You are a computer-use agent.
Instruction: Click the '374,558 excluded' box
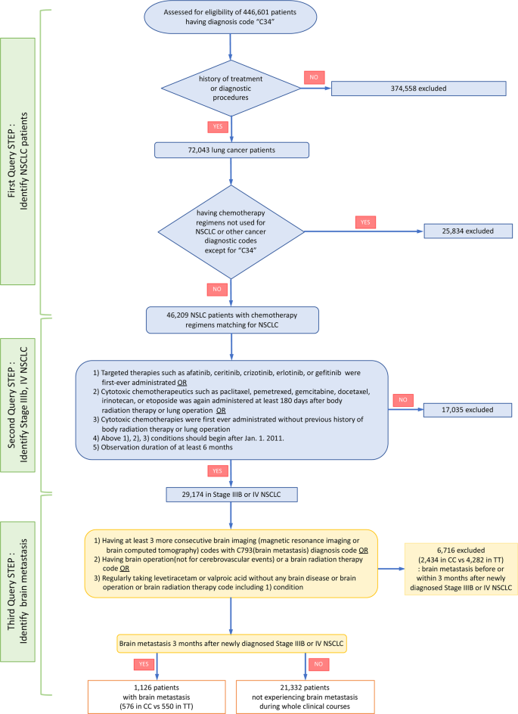click(x=418, y=88)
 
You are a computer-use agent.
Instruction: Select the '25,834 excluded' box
click(x=468, y=231)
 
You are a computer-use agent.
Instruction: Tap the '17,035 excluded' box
click(x=467, y=410)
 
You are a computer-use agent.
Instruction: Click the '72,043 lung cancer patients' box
click(x=231, y=151)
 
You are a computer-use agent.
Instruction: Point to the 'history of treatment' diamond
click(x=231, y=88)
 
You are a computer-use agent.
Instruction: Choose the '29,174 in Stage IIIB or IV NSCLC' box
click(x=231, y=495)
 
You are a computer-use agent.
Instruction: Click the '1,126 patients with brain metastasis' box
click(x=157, y=697)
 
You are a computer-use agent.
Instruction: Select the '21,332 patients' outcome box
click(x=305, y=697)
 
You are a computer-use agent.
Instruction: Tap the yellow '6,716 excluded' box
click(x=461, y=569)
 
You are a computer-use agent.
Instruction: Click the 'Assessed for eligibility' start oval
click(x=231, y=17)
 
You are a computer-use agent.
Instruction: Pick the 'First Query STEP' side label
click(x=17, y=161)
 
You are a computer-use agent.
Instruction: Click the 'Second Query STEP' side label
click(x=17, y=405)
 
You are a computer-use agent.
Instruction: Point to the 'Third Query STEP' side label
click(x=17, y=591)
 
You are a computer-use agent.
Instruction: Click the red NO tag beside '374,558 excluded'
click(x=314, y=77)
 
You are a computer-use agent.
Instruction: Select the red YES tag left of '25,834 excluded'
click(x=365, y=222)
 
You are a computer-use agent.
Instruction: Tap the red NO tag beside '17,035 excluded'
click(x=403, y=400)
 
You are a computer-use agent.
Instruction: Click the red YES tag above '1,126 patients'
click(x=144, y=664)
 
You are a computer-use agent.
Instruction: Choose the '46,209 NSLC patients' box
click(x=232, y=320)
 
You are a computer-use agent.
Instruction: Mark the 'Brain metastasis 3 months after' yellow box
click(x=231, y=644)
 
